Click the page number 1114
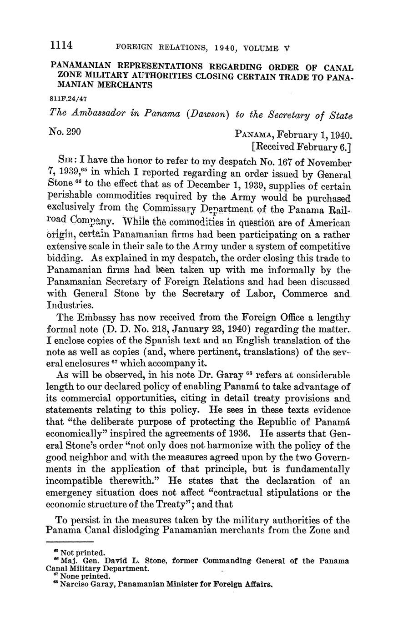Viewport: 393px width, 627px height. coord(62,46)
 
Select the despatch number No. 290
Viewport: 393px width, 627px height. coord(65,132)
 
